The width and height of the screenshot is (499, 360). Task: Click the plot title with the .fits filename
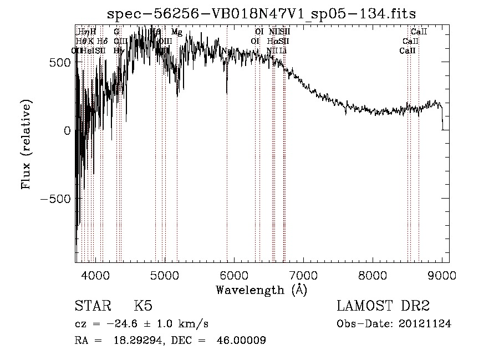[x=262, y=13]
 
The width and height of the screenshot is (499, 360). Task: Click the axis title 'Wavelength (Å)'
[x=262, y=290]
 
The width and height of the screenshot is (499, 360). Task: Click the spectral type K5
[x=143, y=306]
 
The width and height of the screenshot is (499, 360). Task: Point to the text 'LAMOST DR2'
[x=383, y=306]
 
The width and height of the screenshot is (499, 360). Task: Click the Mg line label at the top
[x=176, y=32]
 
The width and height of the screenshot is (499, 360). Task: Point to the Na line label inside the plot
[x=226, y=51]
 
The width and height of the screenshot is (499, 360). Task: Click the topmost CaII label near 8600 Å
[x=419, y=32]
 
